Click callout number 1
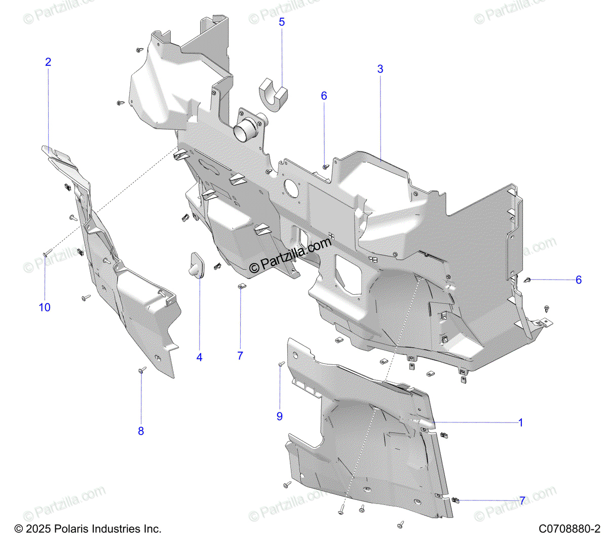[520, 422]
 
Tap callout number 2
[48, 62]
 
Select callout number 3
[380, 69]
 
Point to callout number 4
[200, 358]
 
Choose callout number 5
[282, 22]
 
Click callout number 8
[141, 431]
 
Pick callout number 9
[279, 416]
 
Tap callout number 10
[45, 307]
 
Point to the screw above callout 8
[142, 370]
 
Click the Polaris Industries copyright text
[88, 529]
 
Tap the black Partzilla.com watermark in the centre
[290, 256]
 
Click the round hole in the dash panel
[291, 187]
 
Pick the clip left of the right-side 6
[527, 280]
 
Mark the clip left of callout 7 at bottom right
[455, 500]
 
